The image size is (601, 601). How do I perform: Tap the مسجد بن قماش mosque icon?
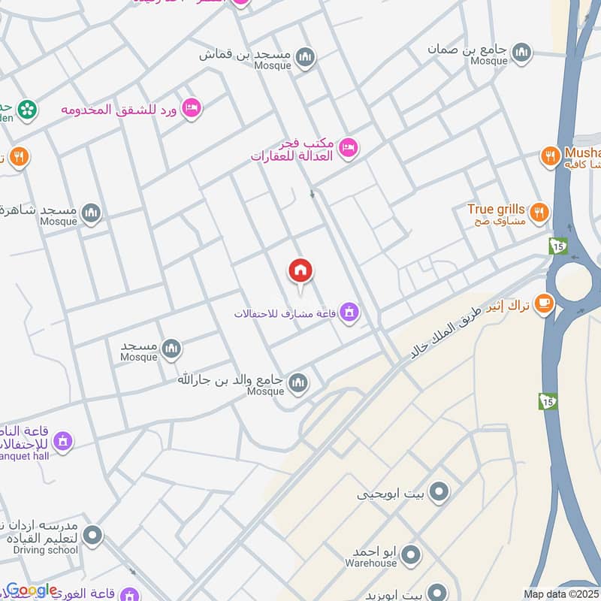pos(304,57)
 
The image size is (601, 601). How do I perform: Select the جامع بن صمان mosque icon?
pos(521,53)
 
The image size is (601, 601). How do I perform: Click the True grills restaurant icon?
pos(539,213)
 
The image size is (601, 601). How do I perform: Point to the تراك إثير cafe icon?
pos(544,304)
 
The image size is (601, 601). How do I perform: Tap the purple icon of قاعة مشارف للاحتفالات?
pos(349,312)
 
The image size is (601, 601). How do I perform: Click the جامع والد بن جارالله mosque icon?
pos(298,383)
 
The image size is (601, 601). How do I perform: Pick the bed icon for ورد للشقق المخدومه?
pos(192,108)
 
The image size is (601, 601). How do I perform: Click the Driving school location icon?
pos(92,536)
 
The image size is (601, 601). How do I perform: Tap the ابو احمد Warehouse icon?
pos(410,556)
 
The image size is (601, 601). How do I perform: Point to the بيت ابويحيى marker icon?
pos(439,493)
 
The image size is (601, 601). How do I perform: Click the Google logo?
pos(32,590)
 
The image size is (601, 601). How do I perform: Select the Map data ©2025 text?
pos(561,594)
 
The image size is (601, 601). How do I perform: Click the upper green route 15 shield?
pos(557,245)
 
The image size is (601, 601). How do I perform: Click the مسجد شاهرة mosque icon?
pos(92,213)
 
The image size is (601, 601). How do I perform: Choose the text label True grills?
pos(496,209)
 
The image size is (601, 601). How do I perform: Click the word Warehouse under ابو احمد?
pos(370,563)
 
